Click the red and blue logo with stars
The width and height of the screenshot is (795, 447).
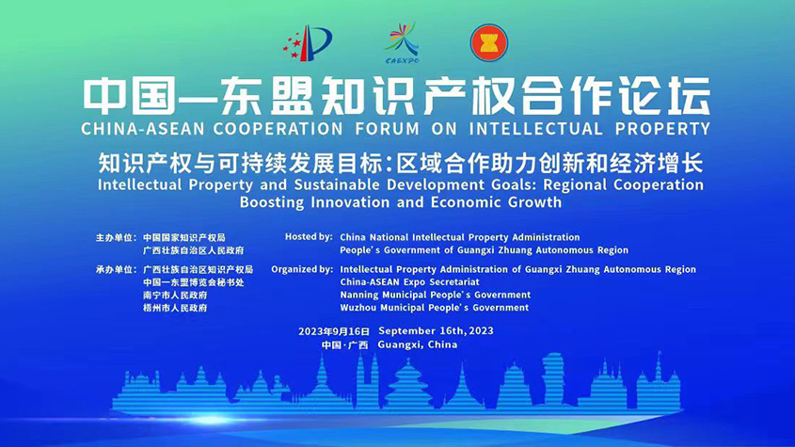click(307, 42)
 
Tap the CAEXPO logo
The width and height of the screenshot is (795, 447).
click(401, 41)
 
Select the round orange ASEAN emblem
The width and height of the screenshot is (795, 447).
click(487, 42)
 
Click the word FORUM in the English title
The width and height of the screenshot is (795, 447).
click(381, 127)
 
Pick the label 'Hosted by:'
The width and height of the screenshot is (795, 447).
click(309, 237)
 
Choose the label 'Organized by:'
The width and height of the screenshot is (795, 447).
click(302, 269)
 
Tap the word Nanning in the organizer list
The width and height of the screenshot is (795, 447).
click(361, 295)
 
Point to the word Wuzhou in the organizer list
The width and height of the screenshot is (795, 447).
click(360, 308)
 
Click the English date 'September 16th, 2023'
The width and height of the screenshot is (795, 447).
click(436, 331)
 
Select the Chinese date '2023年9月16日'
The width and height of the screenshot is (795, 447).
click(334, 331)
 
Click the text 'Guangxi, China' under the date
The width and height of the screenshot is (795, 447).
click(417, 344)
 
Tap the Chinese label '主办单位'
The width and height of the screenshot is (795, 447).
click(115, 237)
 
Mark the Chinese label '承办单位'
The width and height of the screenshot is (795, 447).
click(115, 269)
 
